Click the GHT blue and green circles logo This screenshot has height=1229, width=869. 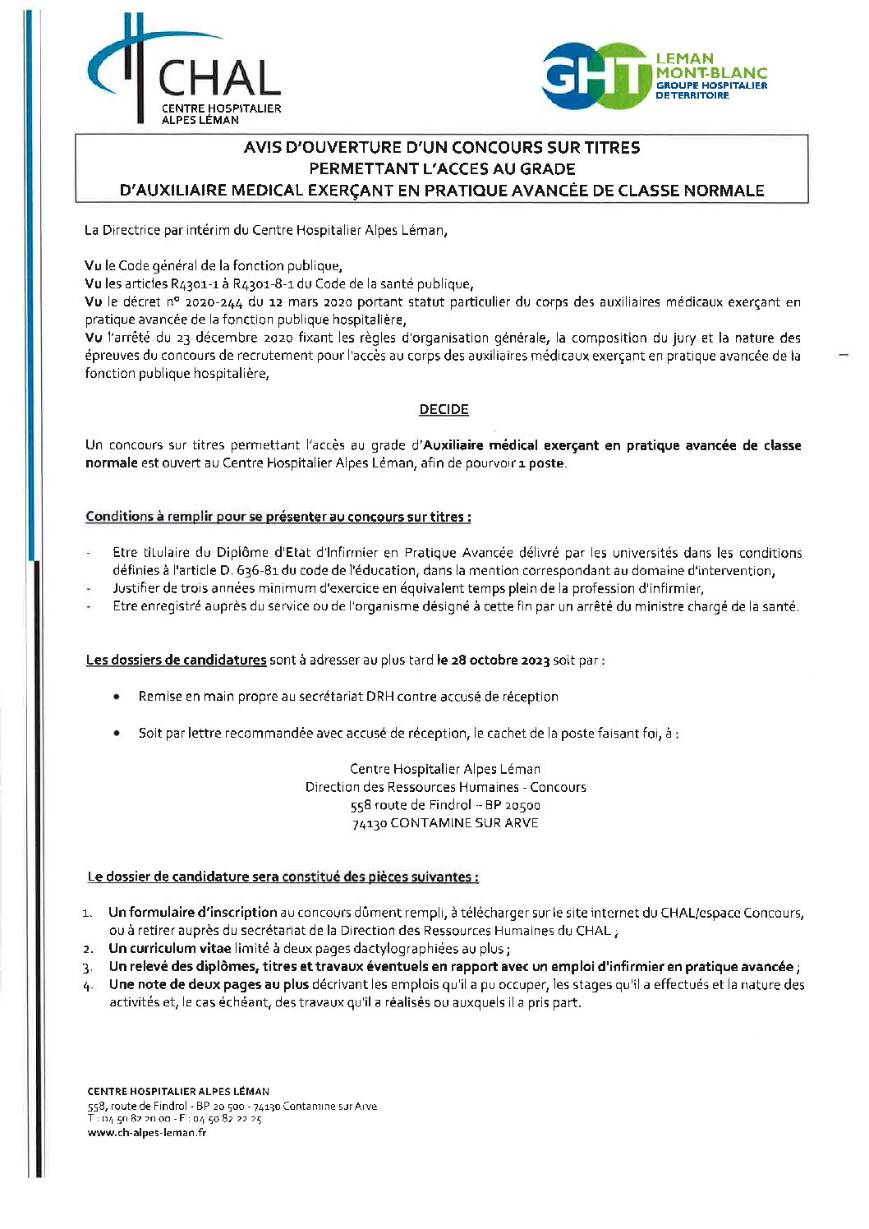click(x=595, y=76)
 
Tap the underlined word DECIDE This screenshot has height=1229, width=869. click(x=444, y=409)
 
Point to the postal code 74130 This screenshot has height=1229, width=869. click(x=369, y=823)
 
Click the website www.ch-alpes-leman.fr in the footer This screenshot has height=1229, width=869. click(x=146, y=1132)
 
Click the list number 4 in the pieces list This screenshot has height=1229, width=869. click(x=88, y=986)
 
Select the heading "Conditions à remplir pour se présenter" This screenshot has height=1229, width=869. click(x=278, y=517)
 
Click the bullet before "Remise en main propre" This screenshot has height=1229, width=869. click(x=117, y=697)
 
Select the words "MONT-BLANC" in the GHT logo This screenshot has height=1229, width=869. click(x=710, y=72)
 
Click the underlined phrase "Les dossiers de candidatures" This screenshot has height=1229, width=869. click(x=176, y=660)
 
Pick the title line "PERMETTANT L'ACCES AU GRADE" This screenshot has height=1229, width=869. click(x=442, y=169)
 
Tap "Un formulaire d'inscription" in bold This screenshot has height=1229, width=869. click(x=192, y=912)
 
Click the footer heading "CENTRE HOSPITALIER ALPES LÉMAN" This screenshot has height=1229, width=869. click(x=178, y=1092)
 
